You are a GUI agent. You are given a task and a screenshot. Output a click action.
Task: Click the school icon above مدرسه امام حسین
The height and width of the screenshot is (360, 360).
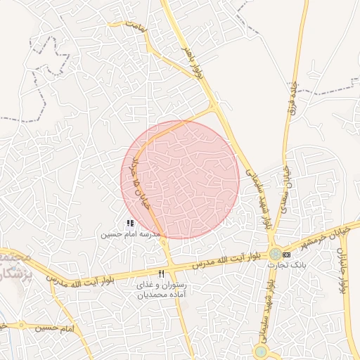click(130, 223)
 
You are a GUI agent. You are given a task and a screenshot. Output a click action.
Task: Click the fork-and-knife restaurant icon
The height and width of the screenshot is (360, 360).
click(162, 274)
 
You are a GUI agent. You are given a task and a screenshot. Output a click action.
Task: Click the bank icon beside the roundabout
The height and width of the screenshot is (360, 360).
click(286, 254)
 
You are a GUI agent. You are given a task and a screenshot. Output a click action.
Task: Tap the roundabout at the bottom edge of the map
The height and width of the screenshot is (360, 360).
click(262, 352)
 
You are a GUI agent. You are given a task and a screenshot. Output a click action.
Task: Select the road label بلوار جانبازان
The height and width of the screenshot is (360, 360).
click(344, 270)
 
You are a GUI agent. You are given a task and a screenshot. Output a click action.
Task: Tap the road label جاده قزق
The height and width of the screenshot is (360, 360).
click(290, 99)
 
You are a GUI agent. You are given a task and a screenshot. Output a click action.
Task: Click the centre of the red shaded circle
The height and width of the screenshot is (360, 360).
click(181, 179)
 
